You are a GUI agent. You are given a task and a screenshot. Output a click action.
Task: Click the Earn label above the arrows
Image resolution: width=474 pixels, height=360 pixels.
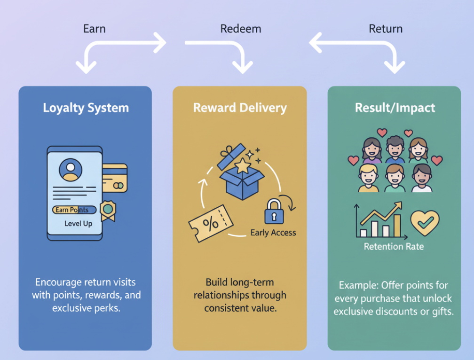pyautogui.click(x=94, y=29)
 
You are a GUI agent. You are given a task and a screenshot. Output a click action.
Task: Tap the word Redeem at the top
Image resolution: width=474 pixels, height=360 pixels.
pyautogui.click(x=240, y=29)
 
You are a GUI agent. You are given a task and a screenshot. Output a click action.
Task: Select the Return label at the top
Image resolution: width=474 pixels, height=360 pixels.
pyautogui.click(x=386, y=29)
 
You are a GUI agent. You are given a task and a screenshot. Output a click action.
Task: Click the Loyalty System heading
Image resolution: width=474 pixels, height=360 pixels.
pyautogui.click(x=85, y=108)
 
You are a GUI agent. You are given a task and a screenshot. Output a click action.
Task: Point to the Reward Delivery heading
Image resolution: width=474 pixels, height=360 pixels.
pyautogui.click(x=240, y=108)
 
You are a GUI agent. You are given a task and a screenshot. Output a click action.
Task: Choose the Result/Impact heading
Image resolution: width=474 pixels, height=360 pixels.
pyautogui.click(x=395, y=108)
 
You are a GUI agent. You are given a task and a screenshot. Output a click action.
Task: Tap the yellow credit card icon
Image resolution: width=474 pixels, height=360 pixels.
pyautogui.click(x=115, y=178)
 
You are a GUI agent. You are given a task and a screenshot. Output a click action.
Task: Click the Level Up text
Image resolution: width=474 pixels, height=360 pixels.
pyautogui.click(x=78, y=224)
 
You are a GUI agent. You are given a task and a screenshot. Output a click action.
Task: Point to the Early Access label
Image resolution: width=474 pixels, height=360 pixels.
pyautogui.click(x=273, y=232)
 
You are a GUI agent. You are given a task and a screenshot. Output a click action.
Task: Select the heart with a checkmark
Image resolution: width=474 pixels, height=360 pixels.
pyautogui.click(x=424, y=223)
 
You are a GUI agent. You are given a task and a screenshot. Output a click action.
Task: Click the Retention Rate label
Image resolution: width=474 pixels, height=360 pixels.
pyautogui.click(x=394, y=246)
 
